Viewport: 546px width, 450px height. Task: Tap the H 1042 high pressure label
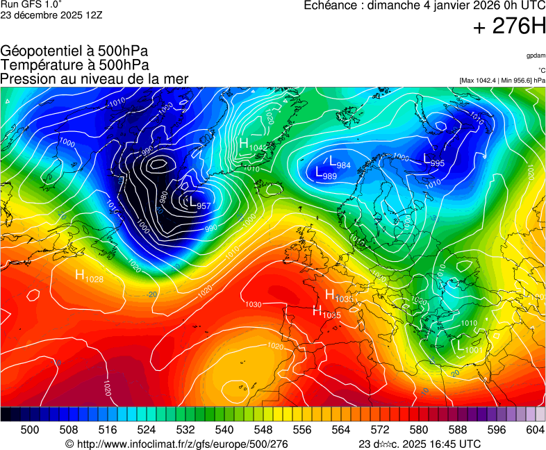[252, 144]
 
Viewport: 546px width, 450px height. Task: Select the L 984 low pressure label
[339, 162]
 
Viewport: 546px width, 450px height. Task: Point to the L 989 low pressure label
[326, 174]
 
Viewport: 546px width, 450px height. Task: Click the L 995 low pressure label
[433, 160]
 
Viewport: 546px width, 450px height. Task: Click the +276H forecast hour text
[509, 27]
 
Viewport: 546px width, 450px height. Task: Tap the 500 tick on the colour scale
[30, 431]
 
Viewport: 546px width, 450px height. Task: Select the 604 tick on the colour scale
[535, 431]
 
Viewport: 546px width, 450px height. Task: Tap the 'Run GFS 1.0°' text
[31, 4]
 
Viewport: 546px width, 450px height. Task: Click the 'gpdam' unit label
[536, 56]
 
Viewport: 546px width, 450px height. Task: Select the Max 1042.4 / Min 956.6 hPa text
[502, 81]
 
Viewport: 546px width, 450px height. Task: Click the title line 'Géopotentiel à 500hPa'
[74, 51]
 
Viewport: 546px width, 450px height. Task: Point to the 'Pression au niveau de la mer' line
[94, 79]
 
